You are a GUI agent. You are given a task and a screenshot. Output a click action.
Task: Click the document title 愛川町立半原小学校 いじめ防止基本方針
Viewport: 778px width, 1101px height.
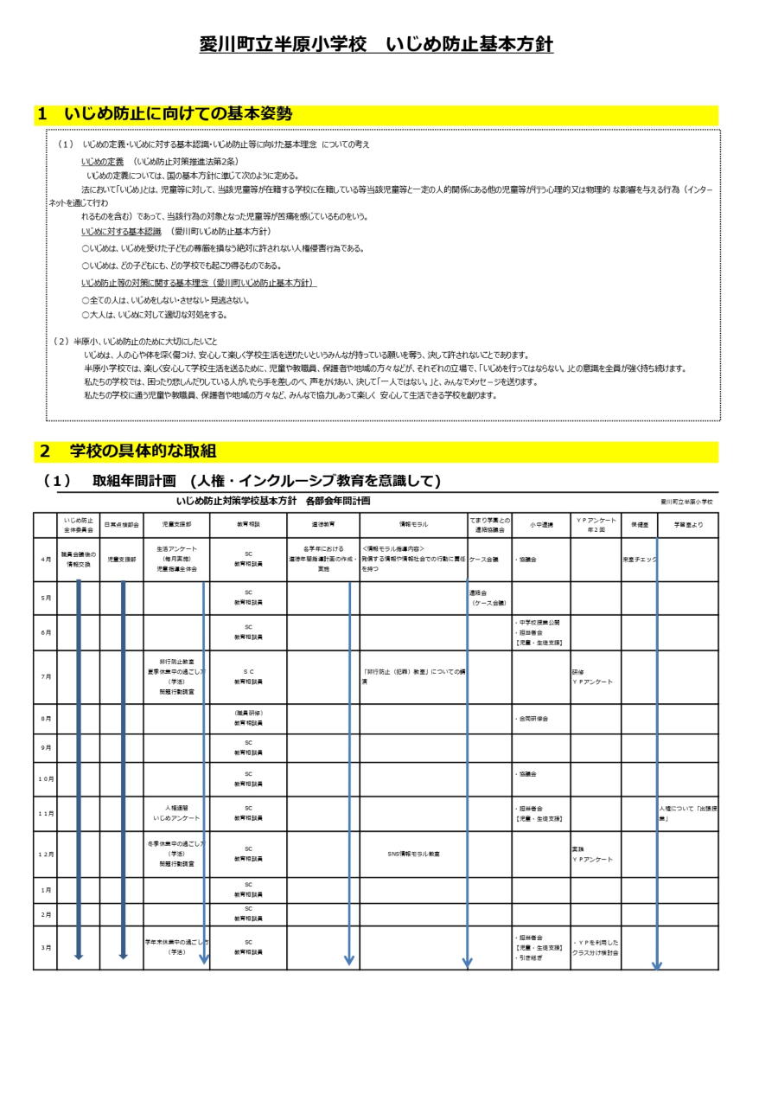pyautogui.click(x=376, y=45)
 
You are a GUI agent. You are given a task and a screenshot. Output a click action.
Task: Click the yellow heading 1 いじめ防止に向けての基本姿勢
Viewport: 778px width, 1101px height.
pyautogui.click(x=164, y=114)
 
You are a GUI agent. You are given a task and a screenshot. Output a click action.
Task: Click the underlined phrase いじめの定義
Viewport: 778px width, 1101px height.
pyautogui.click(x=102, y=161)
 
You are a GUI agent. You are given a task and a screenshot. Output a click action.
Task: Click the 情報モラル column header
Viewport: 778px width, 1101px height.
pyautogui.click(x=413, y=524)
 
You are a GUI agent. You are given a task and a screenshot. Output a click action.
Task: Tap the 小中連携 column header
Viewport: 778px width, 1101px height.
pyautogui.click(x=540, y=524)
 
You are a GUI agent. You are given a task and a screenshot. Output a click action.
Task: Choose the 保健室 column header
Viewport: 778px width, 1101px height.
pyautogui.click(x=639, y=524)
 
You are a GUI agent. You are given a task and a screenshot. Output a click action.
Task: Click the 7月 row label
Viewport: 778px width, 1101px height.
pyautogui.click(x=45, y=676)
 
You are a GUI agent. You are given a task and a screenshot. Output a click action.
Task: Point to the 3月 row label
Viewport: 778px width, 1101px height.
pyautogui.click(x=45, y=947)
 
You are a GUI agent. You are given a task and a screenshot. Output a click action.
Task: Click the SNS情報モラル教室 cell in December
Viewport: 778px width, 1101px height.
pyautogui.click(x=413, y=854)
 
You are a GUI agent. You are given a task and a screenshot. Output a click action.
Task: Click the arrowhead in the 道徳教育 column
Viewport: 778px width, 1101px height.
pyautogui.click(x=349, y=960)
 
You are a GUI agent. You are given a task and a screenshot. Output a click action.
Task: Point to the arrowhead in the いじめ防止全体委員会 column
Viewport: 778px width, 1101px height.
pyautogui.click(x=79, y=956)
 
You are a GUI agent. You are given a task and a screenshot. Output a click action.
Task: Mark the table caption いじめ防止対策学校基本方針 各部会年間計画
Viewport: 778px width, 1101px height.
pyautogui.click(x=273, y=501)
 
